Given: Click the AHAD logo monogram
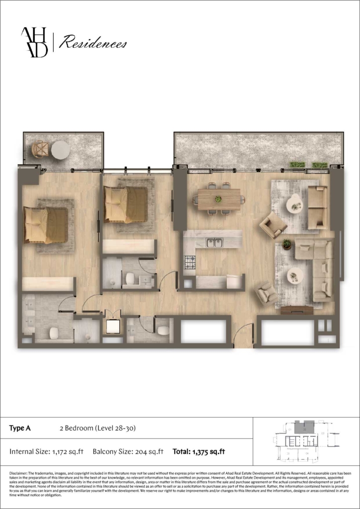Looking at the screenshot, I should [x=34, y=42].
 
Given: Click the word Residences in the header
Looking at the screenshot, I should [x=93, y=44].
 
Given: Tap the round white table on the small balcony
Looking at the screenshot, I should [x=61, y=150].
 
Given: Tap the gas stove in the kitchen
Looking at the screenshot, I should [x=190, y=261].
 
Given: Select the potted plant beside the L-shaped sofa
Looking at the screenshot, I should [x=286, y=244].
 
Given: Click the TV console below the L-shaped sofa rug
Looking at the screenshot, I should [x=296, y=310].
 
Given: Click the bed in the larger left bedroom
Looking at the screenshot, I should [x=46, y=225].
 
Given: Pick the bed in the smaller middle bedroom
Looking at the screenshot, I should [x=125, y=204].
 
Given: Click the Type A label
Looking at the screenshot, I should [x=20, y=428].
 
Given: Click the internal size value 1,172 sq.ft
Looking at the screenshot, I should [x=67, y=452].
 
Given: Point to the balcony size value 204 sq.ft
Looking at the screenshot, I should [x=149, y=452].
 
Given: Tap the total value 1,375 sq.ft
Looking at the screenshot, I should [x=206, y=452].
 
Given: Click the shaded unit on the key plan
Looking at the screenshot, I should [x=301, y=426].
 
